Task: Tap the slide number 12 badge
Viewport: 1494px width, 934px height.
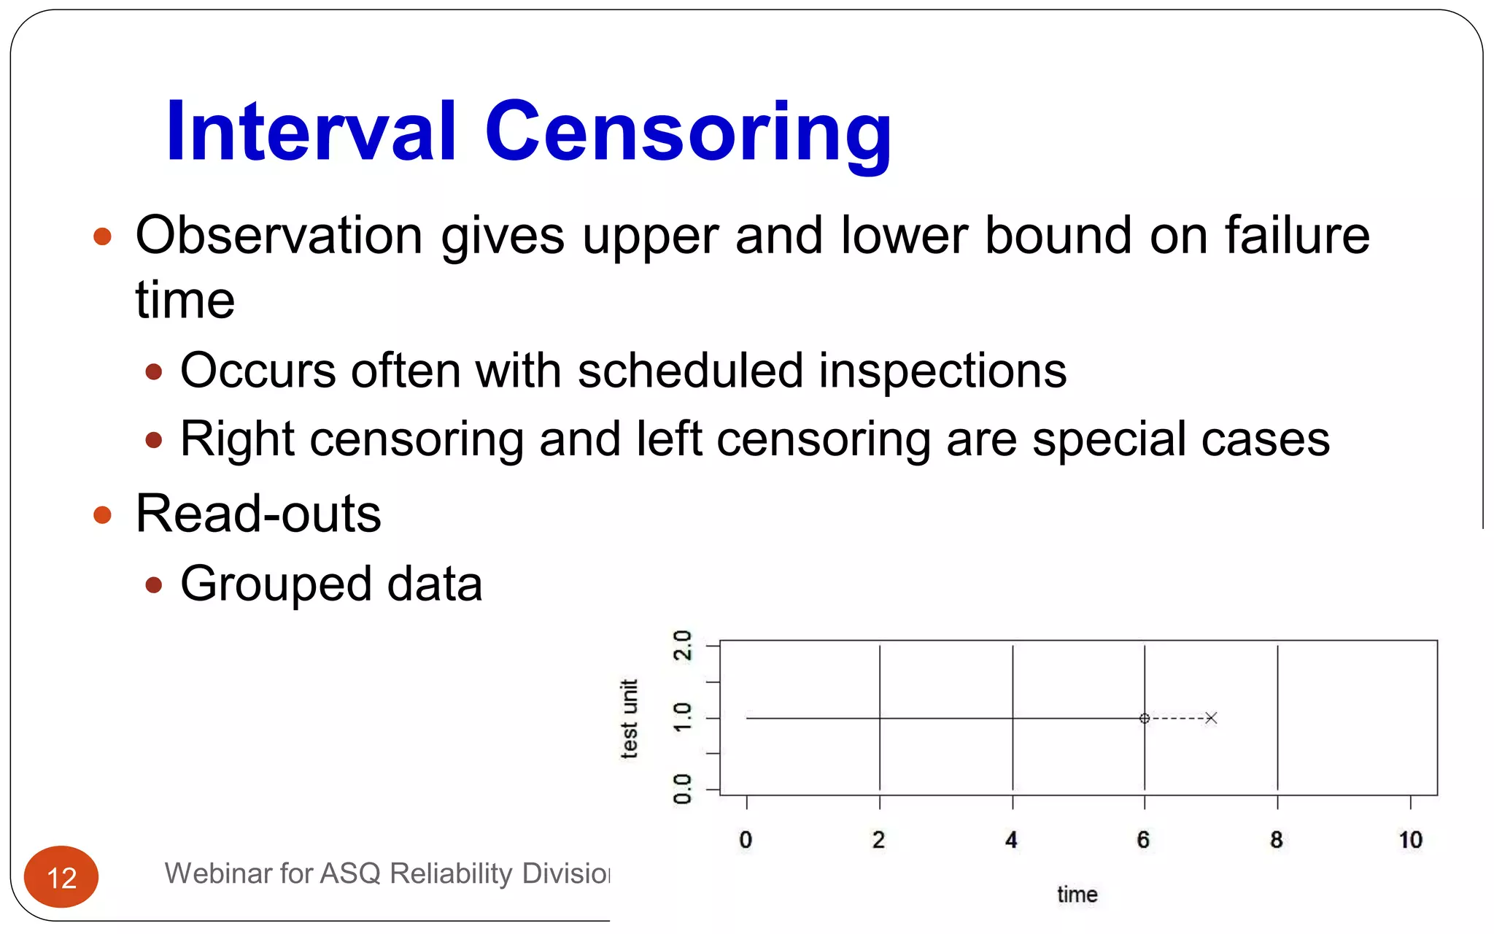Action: (61, 877)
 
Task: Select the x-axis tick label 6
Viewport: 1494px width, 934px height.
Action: (1143, 840)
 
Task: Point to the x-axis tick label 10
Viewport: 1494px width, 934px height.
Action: (1410, 840)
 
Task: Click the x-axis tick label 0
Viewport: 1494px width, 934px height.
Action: (746, 840)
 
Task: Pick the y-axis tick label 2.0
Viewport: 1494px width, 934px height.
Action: (683, 645)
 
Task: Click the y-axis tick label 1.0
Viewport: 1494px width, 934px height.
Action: (683, 718)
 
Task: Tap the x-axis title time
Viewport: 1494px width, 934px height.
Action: (1077, 895)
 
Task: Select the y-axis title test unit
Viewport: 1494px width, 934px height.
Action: (629, 719)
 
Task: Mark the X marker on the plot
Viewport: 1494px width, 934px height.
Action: (1211, 718)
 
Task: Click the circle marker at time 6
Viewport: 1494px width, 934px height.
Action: (1145, 718)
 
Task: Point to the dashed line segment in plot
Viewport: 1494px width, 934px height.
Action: (1178, 718)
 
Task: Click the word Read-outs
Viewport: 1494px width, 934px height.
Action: (258, 514)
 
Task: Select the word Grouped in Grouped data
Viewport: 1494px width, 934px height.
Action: (276, 584)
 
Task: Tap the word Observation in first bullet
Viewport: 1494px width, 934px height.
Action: (279, 236)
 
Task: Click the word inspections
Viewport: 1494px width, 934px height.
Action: (943, 371)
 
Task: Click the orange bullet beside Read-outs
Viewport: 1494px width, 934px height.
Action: (103, 515)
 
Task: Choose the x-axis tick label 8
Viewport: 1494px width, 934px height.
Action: (1276, 840)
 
